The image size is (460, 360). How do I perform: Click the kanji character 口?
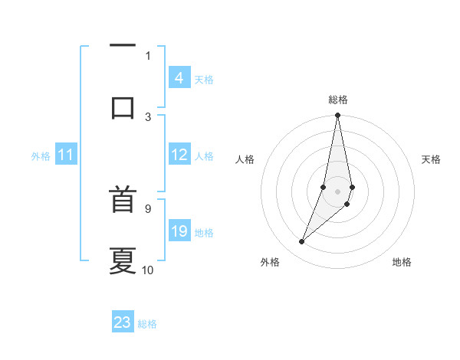coord(123,106)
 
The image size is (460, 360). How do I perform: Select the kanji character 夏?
coord(123,260)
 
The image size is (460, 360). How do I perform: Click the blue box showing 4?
coord(179,77)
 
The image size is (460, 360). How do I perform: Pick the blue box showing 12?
coord(179,155)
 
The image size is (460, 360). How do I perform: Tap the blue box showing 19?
coord(179,231)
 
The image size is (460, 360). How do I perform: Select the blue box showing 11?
coord(66,155)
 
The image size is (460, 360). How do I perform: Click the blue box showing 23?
coord(123,322)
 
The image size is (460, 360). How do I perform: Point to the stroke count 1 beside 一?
coord(148,55)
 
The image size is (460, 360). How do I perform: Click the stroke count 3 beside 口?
coord(148,116)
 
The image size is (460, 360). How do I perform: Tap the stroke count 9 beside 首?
coord(148,208)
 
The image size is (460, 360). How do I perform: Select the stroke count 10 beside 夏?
coord(148,270)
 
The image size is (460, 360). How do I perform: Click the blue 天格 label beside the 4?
coord(204,79)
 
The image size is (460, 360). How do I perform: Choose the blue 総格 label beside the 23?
coord(148,324)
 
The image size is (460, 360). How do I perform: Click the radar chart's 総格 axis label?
coord(337,100)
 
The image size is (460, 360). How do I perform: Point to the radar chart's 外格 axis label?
coord(270,262)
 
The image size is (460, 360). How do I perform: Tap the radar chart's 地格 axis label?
coord(402,262)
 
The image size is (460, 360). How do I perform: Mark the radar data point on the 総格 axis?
coord(337,116)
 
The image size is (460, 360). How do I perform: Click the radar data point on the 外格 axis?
coord(301,242)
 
